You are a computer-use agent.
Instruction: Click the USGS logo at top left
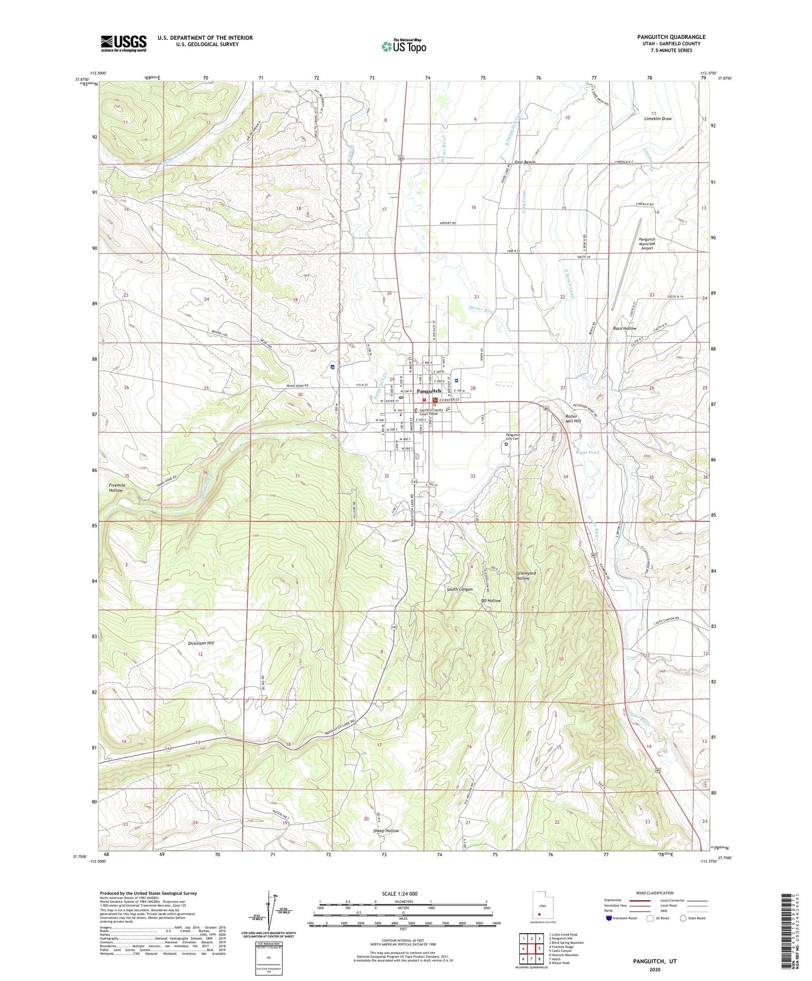pos(124,43)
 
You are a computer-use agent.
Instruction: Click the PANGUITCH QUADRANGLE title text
pos(671,37)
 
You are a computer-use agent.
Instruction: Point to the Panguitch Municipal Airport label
pos(647,243)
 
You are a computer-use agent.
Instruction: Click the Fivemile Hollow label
pos(116,487)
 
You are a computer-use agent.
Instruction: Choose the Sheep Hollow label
pos(385,830)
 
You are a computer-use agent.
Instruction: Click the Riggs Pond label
pos(587,452)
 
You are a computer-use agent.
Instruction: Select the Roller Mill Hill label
pos(571,419)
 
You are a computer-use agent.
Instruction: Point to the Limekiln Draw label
pos(657,119)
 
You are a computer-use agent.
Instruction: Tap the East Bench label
pos(525,162)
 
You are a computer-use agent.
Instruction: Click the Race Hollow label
pos(624,328)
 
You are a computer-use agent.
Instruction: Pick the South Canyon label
pos(460,589)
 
